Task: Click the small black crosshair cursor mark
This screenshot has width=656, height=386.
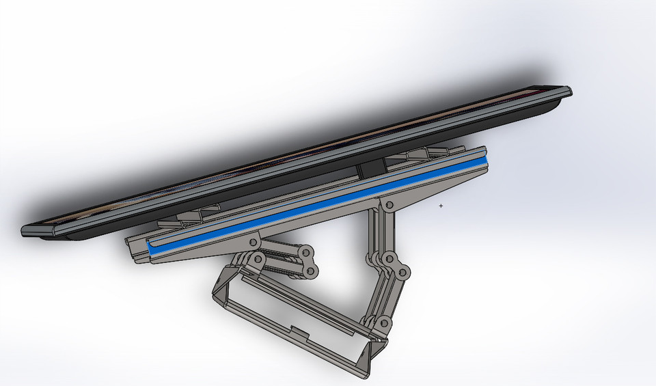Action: pyautogui.click(x=441, y=205)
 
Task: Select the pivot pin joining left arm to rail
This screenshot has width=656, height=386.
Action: pyautogui.click(x=254, y=242)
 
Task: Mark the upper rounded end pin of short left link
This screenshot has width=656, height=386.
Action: pyautogui.click(x=306, y=253)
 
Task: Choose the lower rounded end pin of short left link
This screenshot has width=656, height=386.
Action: pyautogui.click(x=311, y=271)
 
